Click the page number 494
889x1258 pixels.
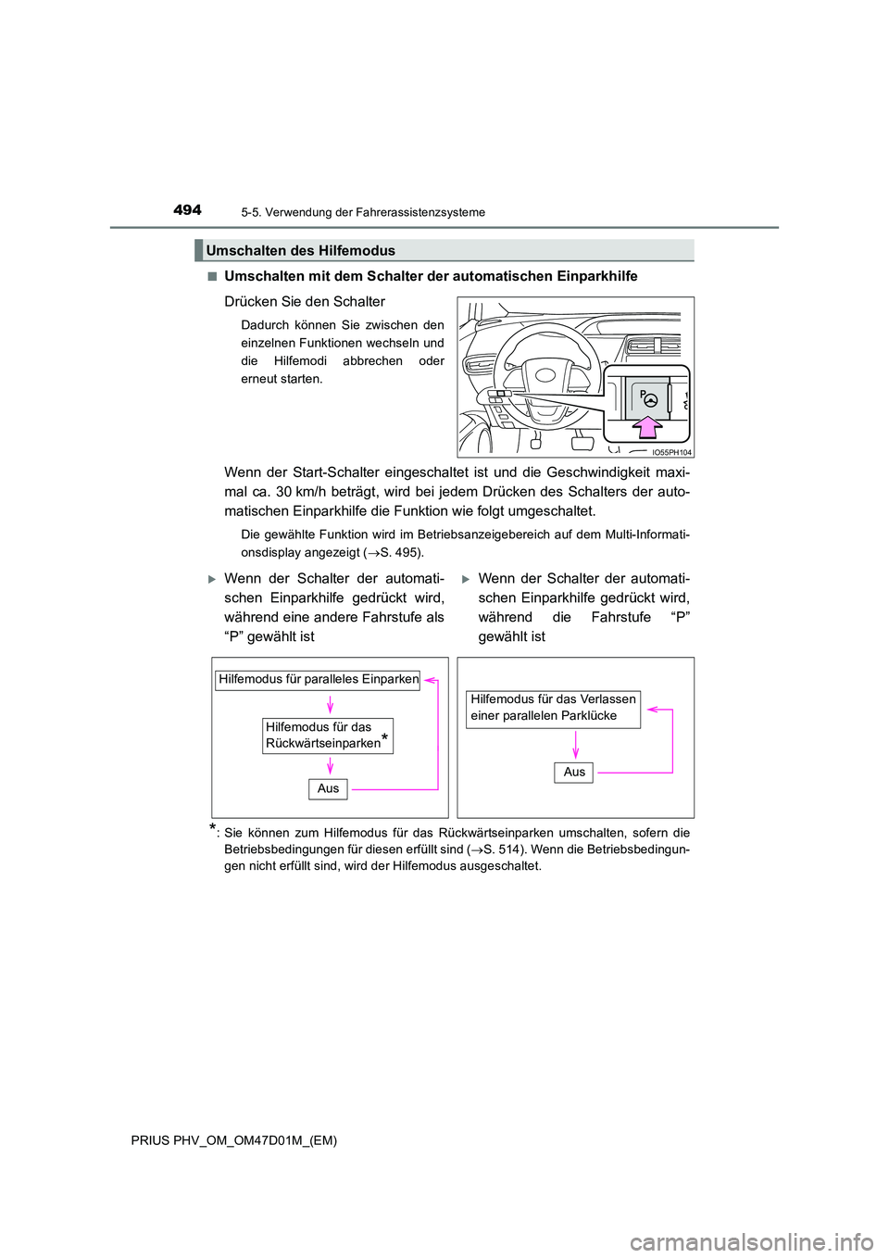(187, 210)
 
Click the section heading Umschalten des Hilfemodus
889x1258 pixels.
(300, 250)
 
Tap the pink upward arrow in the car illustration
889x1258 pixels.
(648, 426)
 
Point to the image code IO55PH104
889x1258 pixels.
(671, 452)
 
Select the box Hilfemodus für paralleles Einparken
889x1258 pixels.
(318, 679)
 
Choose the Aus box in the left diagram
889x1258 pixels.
(328, 788)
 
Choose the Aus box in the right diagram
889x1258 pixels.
(574, 772)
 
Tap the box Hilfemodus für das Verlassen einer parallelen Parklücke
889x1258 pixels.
(553, 708)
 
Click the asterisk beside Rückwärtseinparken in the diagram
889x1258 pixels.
(384, 737)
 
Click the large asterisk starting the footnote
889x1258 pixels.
(213, 828)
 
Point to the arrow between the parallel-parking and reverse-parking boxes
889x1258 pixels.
(330, 705)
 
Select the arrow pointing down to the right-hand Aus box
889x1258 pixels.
(575, 745)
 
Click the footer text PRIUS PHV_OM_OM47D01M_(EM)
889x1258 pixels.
(234, 1140)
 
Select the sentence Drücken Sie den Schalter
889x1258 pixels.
(305, 301)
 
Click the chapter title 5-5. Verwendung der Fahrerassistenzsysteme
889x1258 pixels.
(363, 212)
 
